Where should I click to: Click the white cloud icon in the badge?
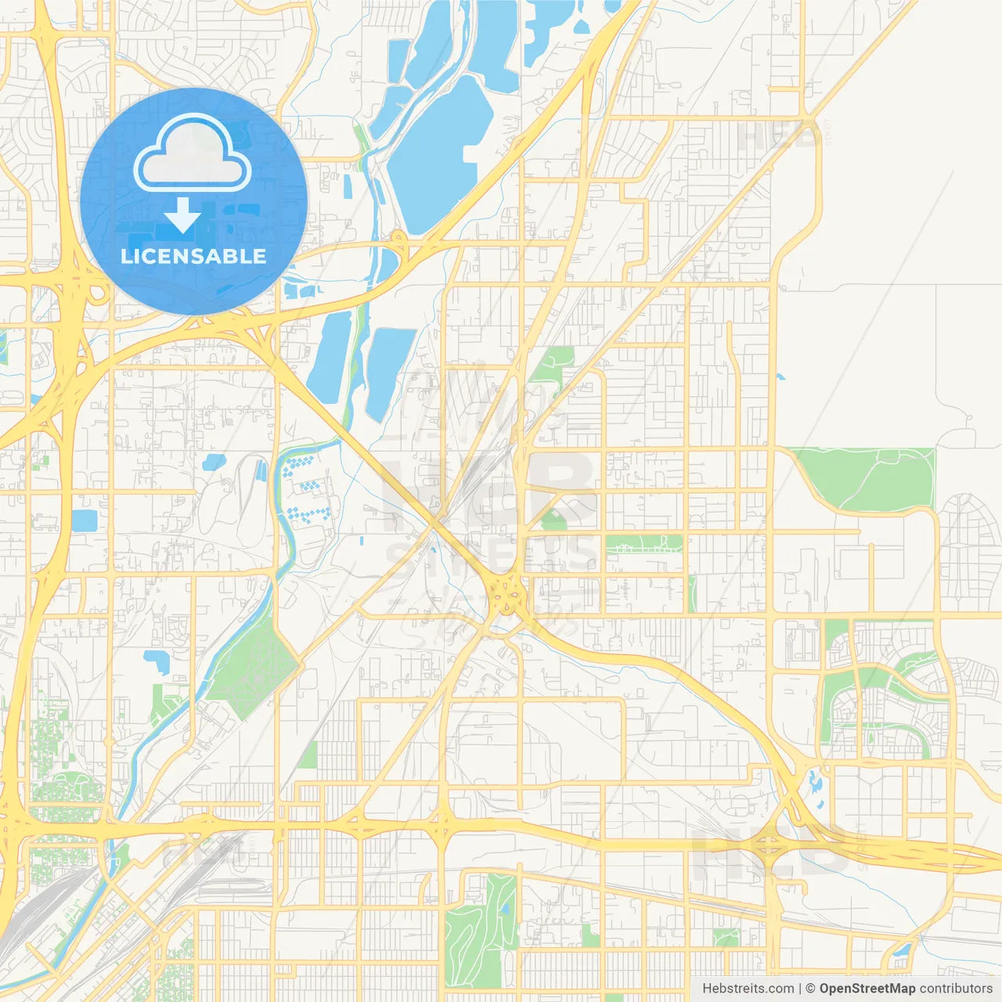tap(193, 153)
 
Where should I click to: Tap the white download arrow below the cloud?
tap(182, 216)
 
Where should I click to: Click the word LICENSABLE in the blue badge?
tap(193, 256)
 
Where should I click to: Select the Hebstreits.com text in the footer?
tap(748, 989)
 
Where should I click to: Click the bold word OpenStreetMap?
tap(867, 989)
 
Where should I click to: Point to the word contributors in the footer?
tap(956, 989)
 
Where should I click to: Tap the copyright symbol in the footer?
tap(810, 989)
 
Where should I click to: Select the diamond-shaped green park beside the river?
tap(252, 665)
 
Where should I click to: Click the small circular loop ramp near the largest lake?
tap(398, 236)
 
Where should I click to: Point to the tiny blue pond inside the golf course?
tap(506, 908)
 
